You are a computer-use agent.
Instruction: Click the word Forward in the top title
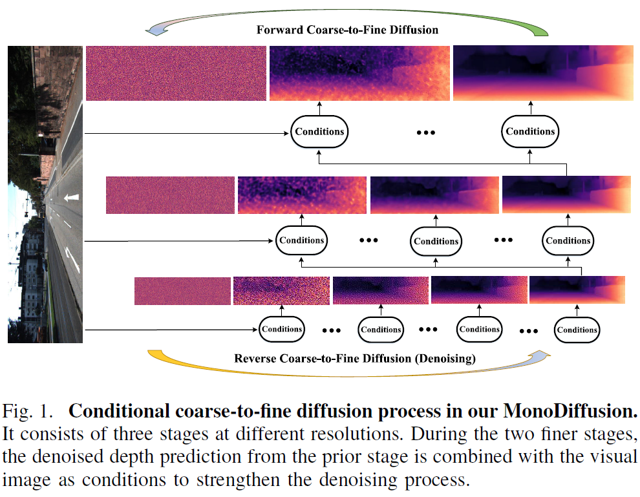tap(279, 30)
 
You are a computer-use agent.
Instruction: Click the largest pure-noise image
tap(176, 73)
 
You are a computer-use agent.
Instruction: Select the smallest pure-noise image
tap(182, 291)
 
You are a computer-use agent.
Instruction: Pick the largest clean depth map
tap(543, 73)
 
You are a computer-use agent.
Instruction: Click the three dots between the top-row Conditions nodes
tap(426, 132)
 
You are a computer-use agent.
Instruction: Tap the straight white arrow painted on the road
tap(71, 198)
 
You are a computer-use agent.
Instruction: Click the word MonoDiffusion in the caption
tap(570, 411)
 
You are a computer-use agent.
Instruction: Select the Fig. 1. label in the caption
tap(27, 411)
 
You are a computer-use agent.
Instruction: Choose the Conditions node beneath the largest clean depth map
tap(530, 131)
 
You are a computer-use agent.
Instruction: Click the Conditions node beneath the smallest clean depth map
tap(577, 330)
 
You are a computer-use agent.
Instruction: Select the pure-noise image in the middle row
tap(170, 195)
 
